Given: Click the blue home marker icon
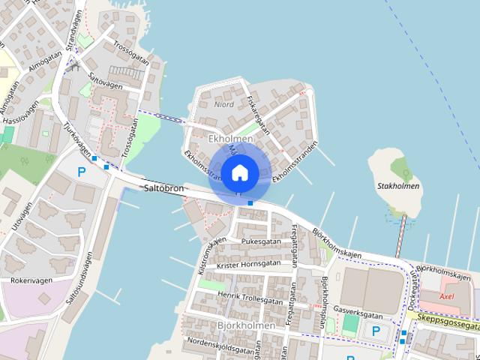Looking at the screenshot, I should tap(240, 173).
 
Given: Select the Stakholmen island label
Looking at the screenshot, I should tap(398, 186).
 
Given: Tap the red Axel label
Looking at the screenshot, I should tap(446, 296).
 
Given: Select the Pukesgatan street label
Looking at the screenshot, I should tap(261, 241).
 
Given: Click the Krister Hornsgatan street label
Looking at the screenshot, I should tap(247, 264).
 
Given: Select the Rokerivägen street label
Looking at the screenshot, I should tap(32, 280).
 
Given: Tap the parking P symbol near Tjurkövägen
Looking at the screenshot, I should tap(81, 172).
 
